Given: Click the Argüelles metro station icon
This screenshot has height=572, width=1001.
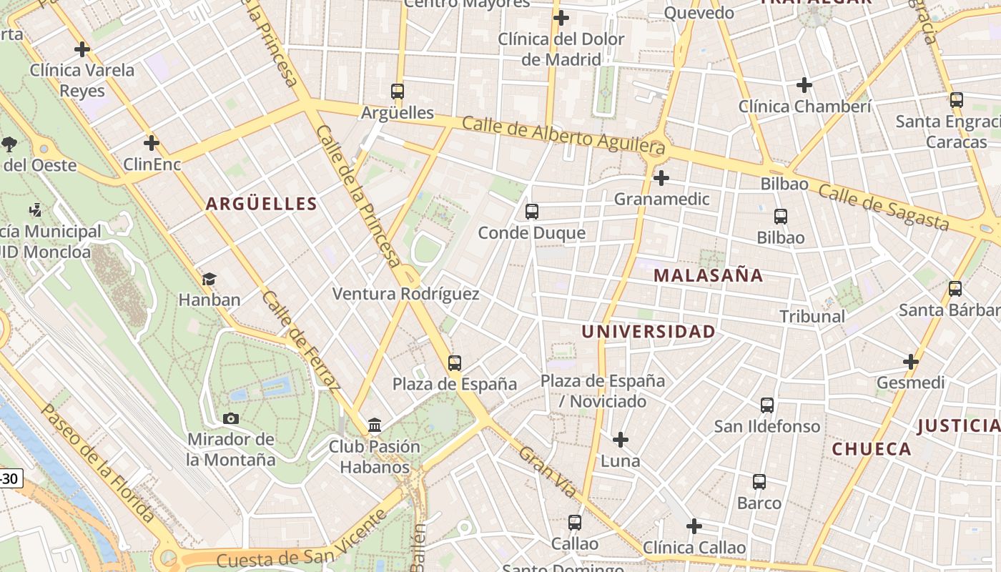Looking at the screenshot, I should pos(398,92).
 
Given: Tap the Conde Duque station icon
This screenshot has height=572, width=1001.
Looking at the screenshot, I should pos(531,212).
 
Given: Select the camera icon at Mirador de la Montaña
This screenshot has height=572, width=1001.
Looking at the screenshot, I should pos(230,418).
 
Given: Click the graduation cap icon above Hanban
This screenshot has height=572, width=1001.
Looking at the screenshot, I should pos(209,279).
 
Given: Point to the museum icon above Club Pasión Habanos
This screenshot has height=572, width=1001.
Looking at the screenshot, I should pos(374,426).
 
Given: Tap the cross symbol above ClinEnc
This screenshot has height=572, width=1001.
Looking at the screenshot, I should pos(151,143).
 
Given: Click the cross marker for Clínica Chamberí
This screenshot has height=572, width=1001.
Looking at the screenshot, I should pos(804,85).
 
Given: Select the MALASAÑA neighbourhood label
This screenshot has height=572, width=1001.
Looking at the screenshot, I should pos(708,275).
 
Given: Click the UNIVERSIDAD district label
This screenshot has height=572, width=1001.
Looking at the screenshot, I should pos(648,332).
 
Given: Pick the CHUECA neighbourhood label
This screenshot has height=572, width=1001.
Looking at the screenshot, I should pos(872,450).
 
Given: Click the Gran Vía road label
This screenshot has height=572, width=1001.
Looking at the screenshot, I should pos(548,472).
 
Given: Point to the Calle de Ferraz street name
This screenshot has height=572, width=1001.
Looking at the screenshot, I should pos(300,341).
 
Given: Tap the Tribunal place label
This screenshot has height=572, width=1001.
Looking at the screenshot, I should pos(812,316).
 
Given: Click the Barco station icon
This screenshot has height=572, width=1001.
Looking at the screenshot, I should pos(759,482).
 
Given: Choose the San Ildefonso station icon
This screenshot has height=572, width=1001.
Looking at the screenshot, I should pos(767,405).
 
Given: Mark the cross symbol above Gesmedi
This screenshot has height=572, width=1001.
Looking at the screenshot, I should pos(910,362).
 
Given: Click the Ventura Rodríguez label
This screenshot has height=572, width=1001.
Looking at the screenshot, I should pos(405,294).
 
